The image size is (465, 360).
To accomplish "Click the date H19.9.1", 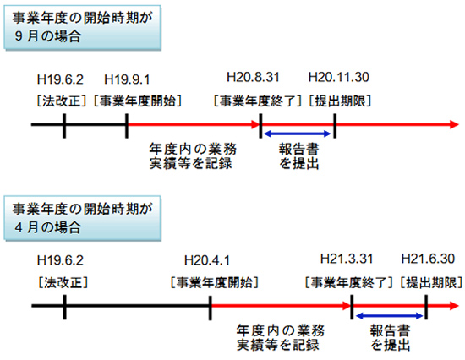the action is point(127,79).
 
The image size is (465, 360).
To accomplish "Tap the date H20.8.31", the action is point(253,77).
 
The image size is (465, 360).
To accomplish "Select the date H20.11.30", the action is point(339,77).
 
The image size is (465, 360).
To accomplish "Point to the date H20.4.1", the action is point(207,260).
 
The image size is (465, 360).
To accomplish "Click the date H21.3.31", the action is point(347,259).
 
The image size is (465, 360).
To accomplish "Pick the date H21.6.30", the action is point(428,259).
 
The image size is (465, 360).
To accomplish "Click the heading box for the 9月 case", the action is point(83,28).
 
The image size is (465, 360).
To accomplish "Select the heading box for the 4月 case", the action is point(83,218).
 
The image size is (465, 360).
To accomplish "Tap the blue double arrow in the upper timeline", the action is point(297,134).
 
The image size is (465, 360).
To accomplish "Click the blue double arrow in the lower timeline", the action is point(389,316).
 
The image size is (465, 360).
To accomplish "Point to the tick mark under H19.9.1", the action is point(127,126).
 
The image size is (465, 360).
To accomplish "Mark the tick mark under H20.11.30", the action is point(335,126).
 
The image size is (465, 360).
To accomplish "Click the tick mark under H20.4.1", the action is point(211,308).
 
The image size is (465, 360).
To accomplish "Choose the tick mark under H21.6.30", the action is point(426,307).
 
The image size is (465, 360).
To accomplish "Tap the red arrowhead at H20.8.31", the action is point(255,124).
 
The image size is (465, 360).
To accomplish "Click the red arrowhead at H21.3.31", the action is point(347,306).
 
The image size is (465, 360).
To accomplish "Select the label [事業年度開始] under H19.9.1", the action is point(138,101).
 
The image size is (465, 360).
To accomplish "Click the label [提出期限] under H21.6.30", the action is point(431,282).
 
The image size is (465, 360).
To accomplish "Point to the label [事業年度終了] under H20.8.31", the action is point(258,101).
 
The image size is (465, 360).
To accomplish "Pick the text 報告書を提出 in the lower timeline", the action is point(391,338).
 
